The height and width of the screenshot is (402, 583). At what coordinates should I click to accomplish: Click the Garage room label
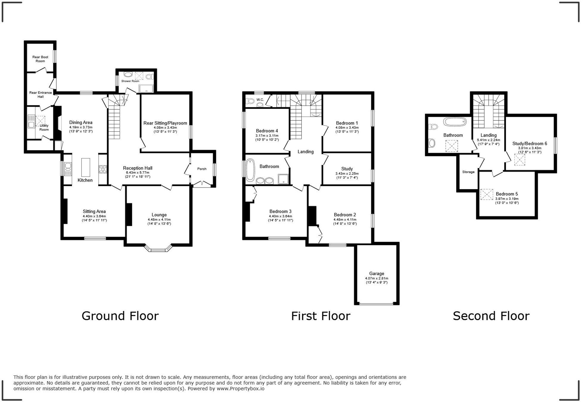[377, 274]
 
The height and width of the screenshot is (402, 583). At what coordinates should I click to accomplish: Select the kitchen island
[86, 168]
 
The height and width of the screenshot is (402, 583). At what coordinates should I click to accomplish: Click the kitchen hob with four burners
[103, 169]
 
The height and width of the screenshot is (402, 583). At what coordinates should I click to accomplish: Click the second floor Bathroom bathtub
[455, 122]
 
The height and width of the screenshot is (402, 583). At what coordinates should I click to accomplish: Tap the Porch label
[202, 169]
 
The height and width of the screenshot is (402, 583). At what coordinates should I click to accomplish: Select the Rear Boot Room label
[40, 59]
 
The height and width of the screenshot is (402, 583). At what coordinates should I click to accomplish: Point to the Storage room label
[468, 172]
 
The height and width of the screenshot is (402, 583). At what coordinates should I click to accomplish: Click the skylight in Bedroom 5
[487, 194]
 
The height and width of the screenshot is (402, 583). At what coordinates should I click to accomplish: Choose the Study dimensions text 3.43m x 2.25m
[347, 174]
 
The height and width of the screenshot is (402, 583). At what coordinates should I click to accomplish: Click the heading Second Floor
[491, 316]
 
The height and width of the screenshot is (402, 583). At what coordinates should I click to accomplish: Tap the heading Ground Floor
[120, 316]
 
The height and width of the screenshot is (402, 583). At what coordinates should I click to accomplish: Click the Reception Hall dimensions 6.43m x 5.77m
[137, 172]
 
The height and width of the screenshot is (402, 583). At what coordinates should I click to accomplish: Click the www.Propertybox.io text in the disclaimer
[240, 388]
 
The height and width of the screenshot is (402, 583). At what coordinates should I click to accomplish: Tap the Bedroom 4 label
[267, 131]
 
